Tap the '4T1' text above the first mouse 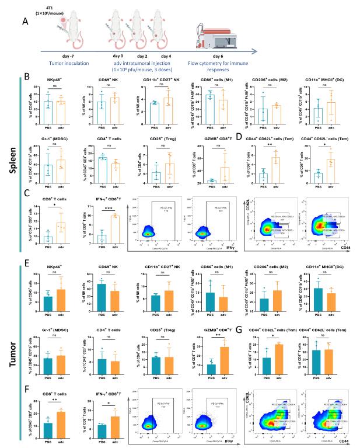coord(63,5)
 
